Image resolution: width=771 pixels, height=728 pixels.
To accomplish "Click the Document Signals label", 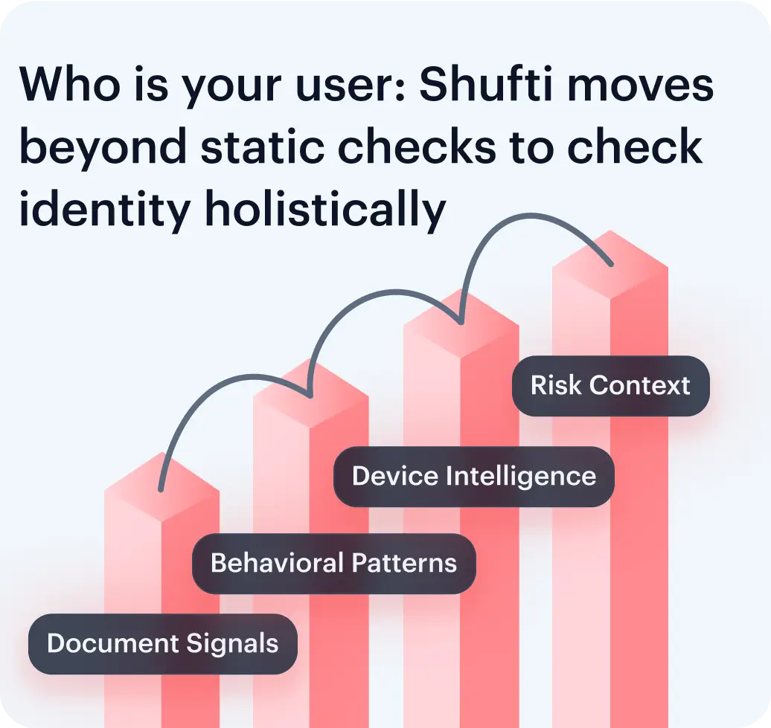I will click(x=163, y=644).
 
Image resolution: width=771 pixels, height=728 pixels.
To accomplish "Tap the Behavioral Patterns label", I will click(x=333, y=563).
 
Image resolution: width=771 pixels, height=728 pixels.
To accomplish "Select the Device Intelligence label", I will click(x=473, y=477).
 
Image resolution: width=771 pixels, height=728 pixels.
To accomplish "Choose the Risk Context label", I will click(x=610, y=386).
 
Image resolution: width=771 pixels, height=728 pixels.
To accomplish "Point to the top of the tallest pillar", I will click(x=610, y=265).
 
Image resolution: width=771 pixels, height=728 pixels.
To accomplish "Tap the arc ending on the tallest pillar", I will click(x=536, y=223).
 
